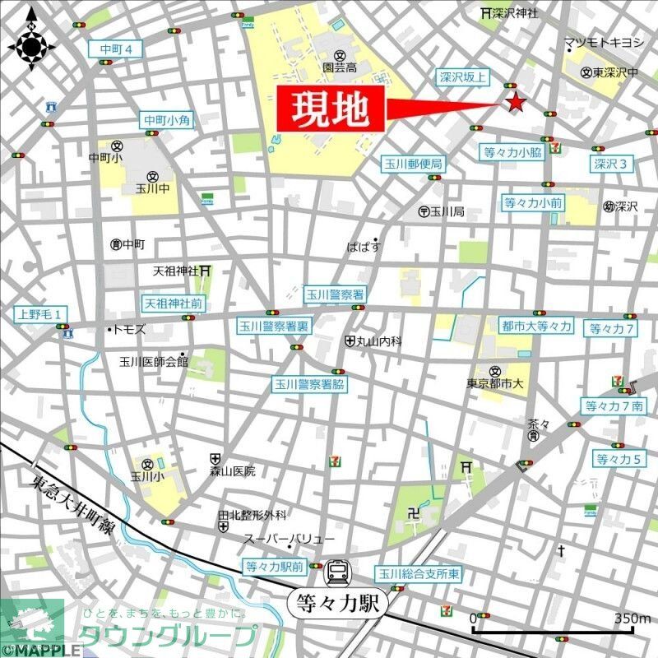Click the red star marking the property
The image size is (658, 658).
coord(515,103)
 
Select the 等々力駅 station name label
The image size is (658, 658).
coord(336,604)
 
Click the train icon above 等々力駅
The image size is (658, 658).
coord(336,571)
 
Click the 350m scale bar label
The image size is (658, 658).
coord(632,619)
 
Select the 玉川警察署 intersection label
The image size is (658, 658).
coord(335,294)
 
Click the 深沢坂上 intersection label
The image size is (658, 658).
coord(461,77)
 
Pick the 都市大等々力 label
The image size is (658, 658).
coord(536,327)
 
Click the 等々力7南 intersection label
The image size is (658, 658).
coord(614,405)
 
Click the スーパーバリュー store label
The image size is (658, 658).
coord(289,539)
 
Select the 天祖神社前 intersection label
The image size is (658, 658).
coord(173,303)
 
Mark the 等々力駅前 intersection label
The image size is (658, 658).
coord(274,567)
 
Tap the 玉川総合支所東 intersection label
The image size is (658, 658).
coord(419,573)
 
